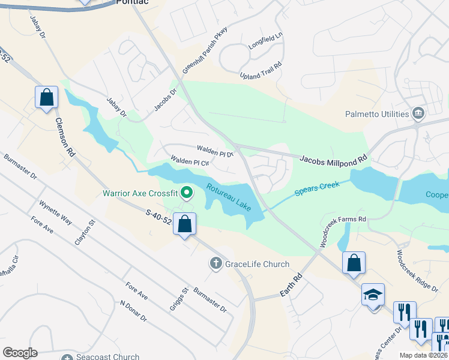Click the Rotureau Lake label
pyautogui.click(x=229, y=197)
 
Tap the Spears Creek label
pyautogui.click(x=317, y=188)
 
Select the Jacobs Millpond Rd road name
pyautogui.click(x=333, y=160)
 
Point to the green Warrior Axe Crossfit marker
pyautogui.click(x=187, y=193)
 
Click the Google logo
pyautogui.click(x=20, y=353)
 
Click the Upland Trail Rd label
pyautogui.click(x=261, y=71)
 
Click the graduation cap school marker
pyautogui.click(x=373, y=295)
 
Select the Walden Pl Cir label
pyautogui.click(x=189, y=162)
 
